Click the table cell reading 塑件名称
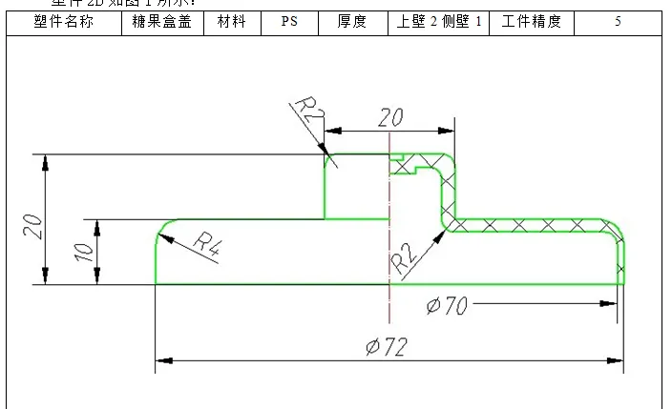click(x=63, y=22)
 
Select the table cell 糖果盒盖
click(x=163, y=22)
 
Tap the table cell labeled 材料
click(x=232, y=22)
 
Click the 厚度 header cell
click(x=352, y=22)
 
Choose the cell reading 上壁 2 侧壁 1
click(x=439, y=22)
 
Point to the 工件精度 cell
click(x=532, y=22)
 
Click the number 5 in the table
click(x=618, y=22)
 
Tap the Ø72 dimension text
click(x=387, y=347)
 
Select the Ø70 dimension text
click(x=446, y=305)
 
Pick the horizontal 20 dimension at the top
click(x=389, y=118)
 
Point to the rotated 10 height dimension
click(x=84, y=252)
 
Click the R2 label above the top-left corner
click(x=310, y=117)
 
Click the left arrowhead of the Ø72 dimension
click(x=163, y=360)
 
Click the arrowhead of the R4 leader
click(x=165, y=236)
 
